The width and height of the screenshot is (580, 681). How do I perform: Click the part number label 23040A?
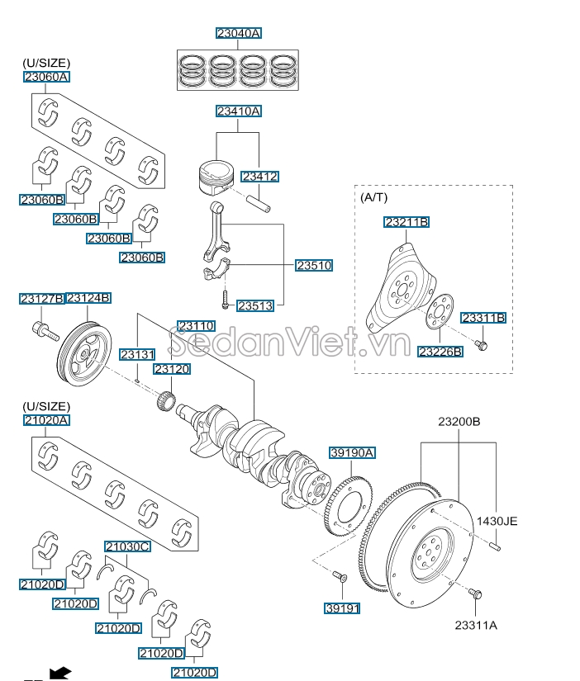239,34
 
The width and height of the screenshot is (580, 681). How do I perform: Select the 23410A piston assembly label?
239,111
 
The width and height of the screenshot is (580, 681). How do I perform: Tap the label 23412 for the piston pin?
259,177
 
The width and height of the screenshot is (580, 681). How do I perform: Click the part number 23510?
313,265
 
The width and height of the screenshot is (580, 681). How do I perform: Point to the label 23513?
254,305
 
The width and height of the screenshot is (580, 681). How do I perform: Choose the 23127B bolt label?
41,298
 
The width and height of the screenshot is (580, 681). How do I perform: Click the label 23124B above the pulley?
88,298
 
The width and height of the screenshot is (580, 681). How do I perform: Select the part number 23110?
196,326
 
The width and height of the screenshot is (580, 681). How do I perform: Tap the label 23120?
172,369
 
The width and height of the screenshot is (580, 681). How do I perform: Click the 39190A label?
353,452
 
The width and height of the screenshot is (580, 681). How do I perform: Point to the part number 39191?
342,608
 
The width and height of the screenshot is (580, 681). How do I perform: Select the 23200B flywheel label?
459,422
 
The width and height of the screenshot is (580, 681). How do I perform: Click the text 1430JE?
497,521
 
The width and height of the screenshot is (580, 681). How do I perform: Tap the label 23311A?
475,626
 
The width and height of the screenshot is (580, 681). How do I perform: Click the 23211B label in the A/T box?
406,222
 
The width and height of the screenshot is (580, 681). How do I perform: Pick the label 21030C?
126,546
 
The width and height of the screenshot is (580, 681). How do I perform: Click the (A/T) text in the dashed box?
373,197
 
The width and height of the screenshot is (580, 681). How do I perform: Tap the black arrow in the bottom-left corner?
59,673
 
